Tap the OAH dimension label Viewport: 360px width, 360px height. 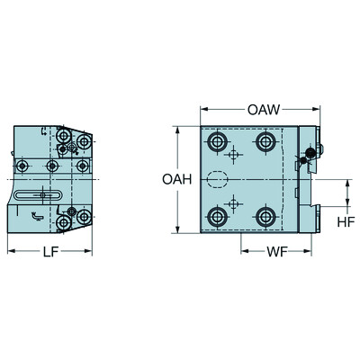pyautogui.click(x=176, y=179)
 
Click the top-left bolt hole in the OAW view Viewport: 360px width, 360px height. pyautogui.click(x=216, y=143)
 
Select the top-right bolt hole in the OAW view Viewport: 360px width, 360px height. pyautogui.click(x=265, y=143)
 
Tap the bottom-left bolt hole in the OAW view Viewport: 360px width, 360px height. pyautogui.click(x=216, y=216)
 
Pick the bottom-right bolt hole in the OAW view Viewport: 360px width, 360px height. pyautogui.click(x=265, y=216)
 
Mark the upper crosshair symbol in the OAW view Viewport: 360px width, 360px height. pyautogui.click(x=235, y=157)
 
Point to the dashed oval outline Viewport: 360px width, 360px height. pyautogui.click(x=219, y=179)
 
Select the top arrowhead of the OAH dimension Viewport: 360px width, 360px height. pyautogui.click(x=181, y=129)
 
